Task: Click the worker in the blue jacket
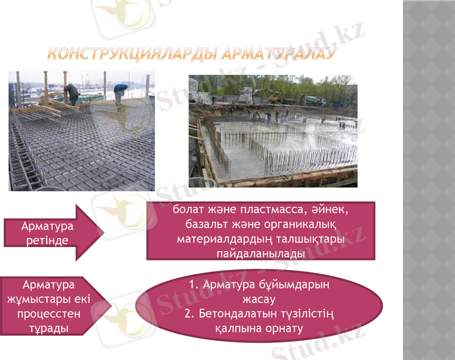121,91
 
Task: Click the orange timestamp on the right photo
329,177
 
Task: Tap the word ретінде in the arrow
47,240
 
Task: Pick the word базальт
205,224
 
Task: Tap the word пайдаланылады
261,254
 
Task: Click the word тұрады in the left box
47,328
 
